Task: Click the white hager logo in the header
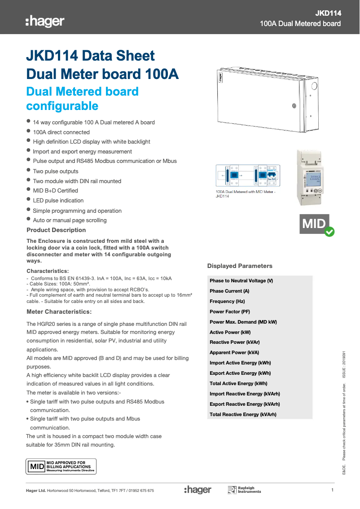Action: (45, 21)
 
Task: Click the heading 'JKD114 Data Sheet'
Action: (91, 56)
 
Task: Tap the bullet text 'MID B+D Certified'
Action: (55, 190)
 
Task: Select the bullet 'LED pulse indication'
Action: (58, 200)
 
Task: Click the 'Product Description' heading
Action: (56, 230)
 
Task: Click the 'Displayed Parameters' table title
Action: (240, 266)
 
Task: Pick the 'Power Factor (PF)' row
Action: (230, 312)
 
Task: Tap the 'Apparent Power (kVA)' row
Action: (234, 352)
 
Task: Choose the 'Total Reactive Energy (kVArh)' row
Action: (243, 414)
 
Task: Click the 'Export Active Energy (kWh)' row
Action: (240, 373)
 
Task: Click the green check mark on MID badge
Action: (329, 232)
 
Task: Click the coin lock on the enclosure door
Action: (294, 106)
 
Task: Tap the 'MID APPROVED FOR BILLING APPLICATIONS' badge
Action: (61, 466)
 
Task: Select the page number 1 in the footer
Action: (332, 490)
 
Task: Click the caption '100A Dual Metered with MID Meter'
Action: (245, 192)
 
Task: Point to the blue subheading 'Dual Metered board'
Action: (83, 92)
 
